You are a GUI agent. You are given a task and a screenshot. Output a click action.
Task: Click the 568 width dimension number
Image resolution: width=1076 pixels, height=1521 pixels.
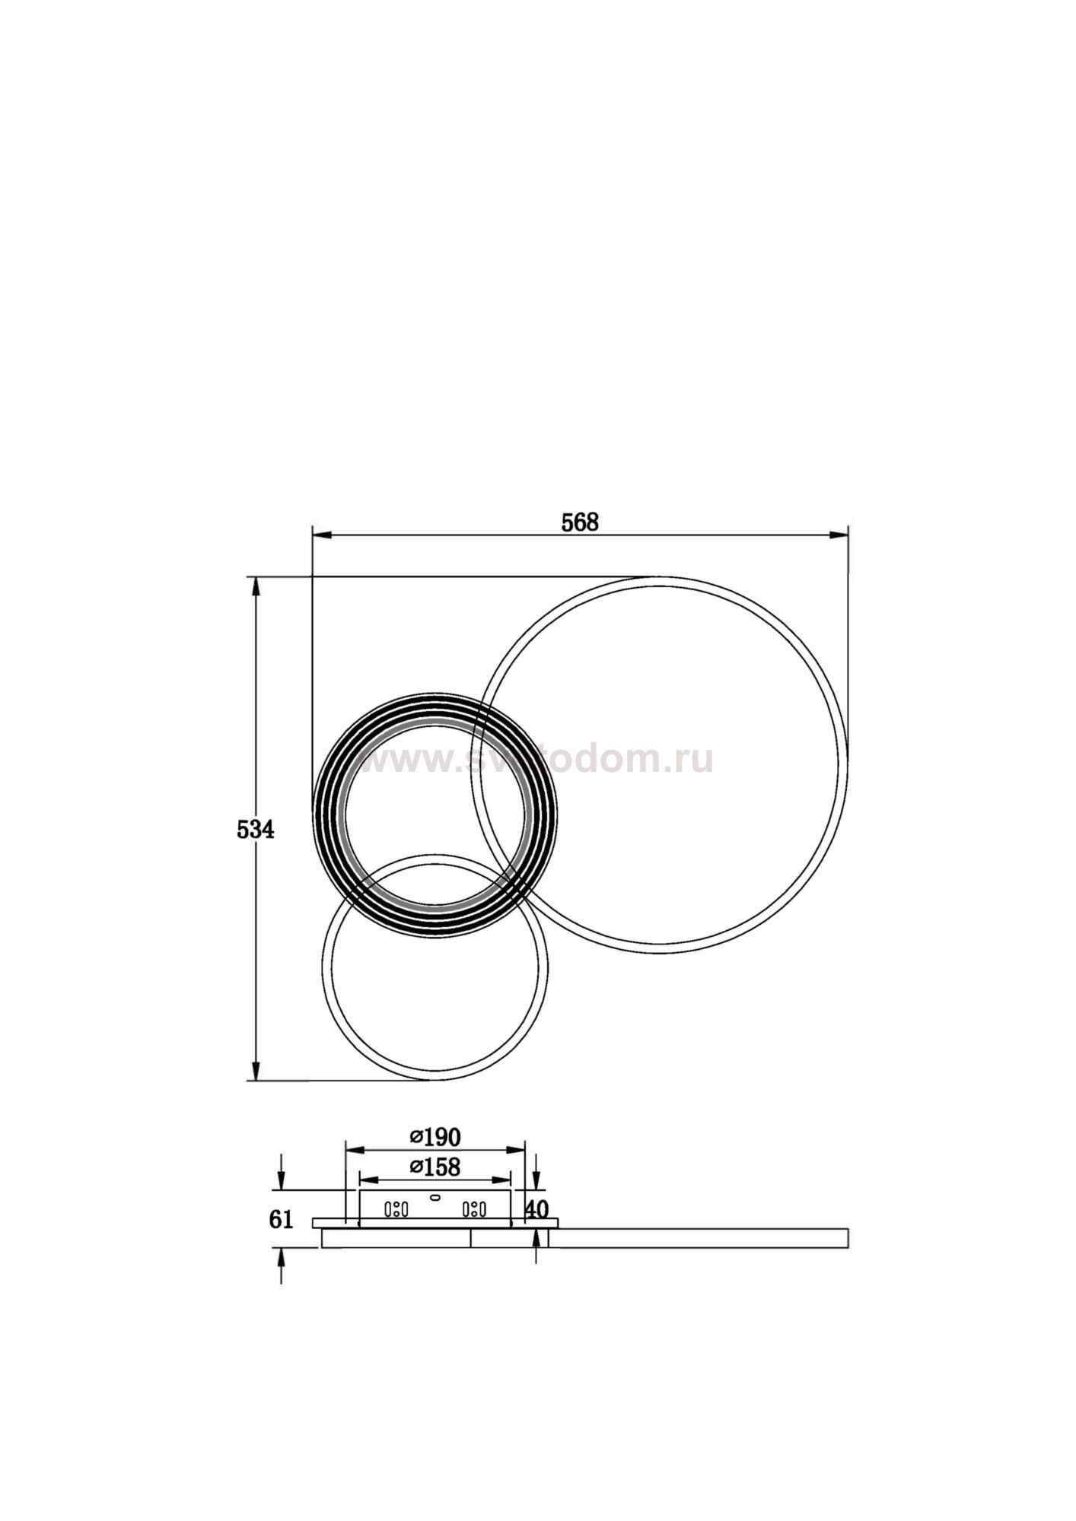[x=580, y=522]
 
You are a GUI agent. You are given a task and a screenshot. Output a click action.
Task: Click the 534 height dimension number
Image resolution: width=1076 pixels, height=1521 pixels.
[x=255, y=829]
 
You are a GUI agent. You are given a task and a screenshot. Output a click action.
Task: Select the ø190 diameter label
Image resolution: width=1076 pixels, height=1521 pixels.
[x=435, y=1158]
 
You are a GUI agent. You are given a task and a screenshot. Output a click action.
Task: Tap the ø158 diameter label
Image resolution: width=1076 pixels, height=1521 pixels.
[x=435, y=1187]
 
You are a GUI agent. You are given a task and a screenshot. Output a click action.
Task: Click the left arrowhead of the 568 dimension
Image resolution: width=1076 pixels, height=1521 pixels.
[x=320, y=535]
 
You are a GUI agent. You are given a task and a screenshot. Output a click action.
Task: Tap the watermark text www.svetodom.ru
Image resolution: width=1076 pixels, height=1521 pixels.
[x=535, y=760]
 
